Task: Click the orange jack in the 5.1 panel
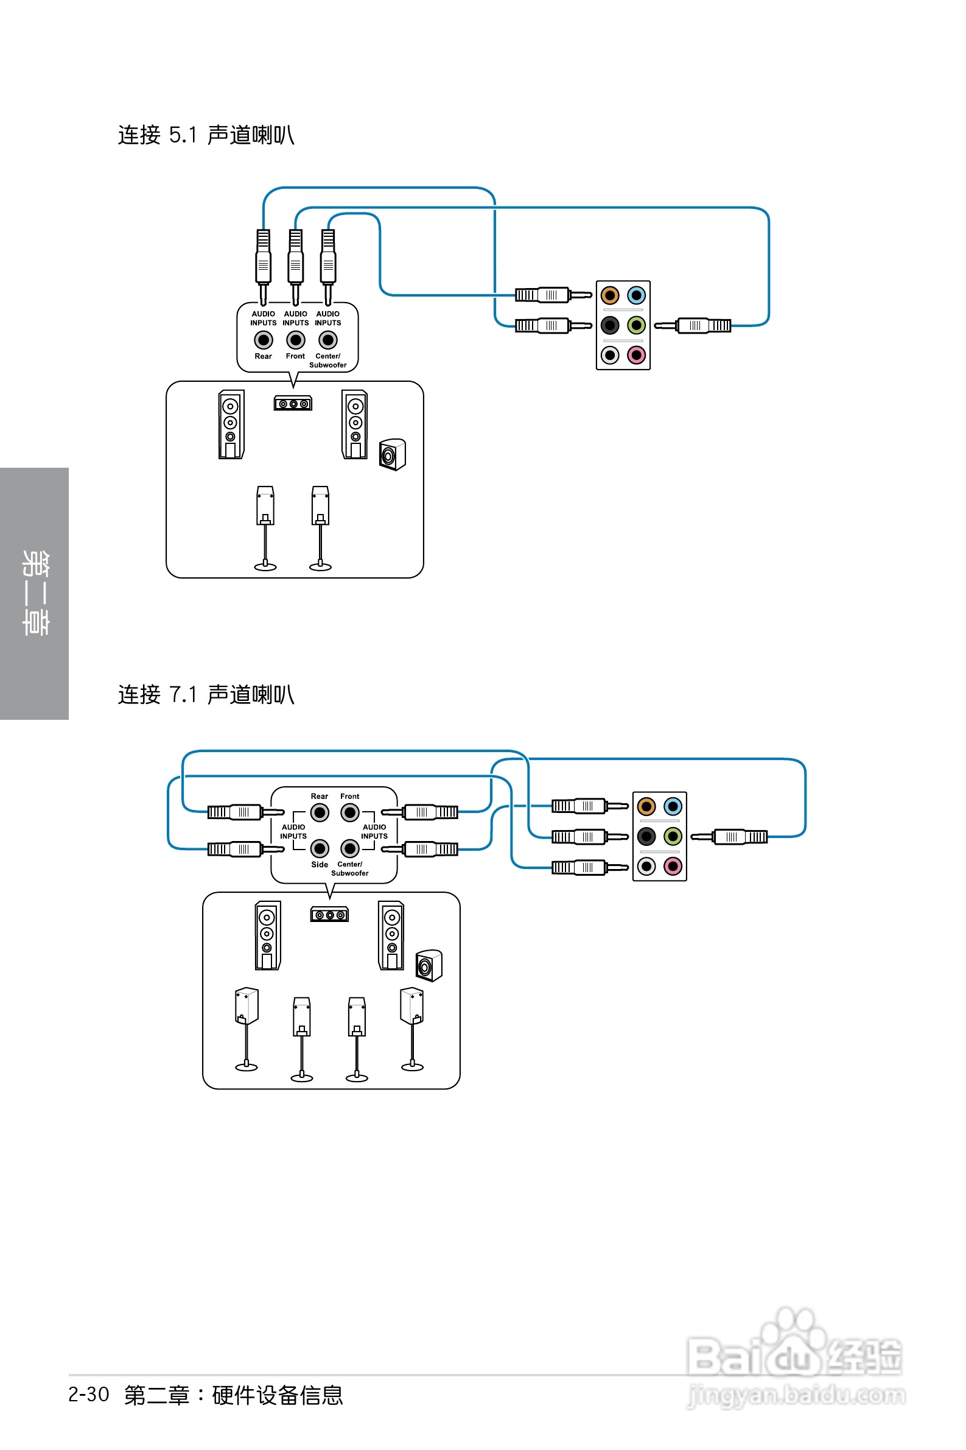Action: (x=609, y=295)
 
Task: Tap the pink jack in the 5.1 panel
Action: (x=637, y=355)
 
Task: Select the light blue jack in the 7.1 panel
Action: (x=673, y=806)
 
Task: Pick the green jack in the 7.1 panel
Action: (x=673, y=836)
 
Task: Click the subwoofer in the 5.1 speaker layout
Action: (x=393, y=455)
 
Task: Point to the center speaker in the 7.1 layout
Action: (x=329, y=915)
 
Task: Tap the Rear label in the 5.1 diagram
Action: (x=263, y=356)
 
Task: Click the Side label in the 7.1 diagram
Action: (x=319, y=865)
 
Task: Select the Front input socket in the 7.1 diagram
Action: (x=350, y=813)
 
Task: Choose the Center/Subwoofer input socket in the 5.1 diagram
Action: (x=327, y=340)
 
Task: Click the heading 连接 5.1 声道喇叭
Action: (x=206, y=135)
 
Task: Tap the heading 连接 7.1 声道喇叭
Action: (x=206, y=694)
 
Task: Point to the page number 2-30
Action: (x=89, y=1395)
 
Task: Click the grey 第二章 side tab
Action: (x=35, y=593)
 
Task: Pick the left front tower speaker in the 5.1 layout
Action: (x=231, y=424)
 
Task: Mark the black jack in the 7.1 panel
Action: (x=646, y=836)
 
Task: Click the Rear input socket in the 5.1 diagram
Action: (x=263, y=340)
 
